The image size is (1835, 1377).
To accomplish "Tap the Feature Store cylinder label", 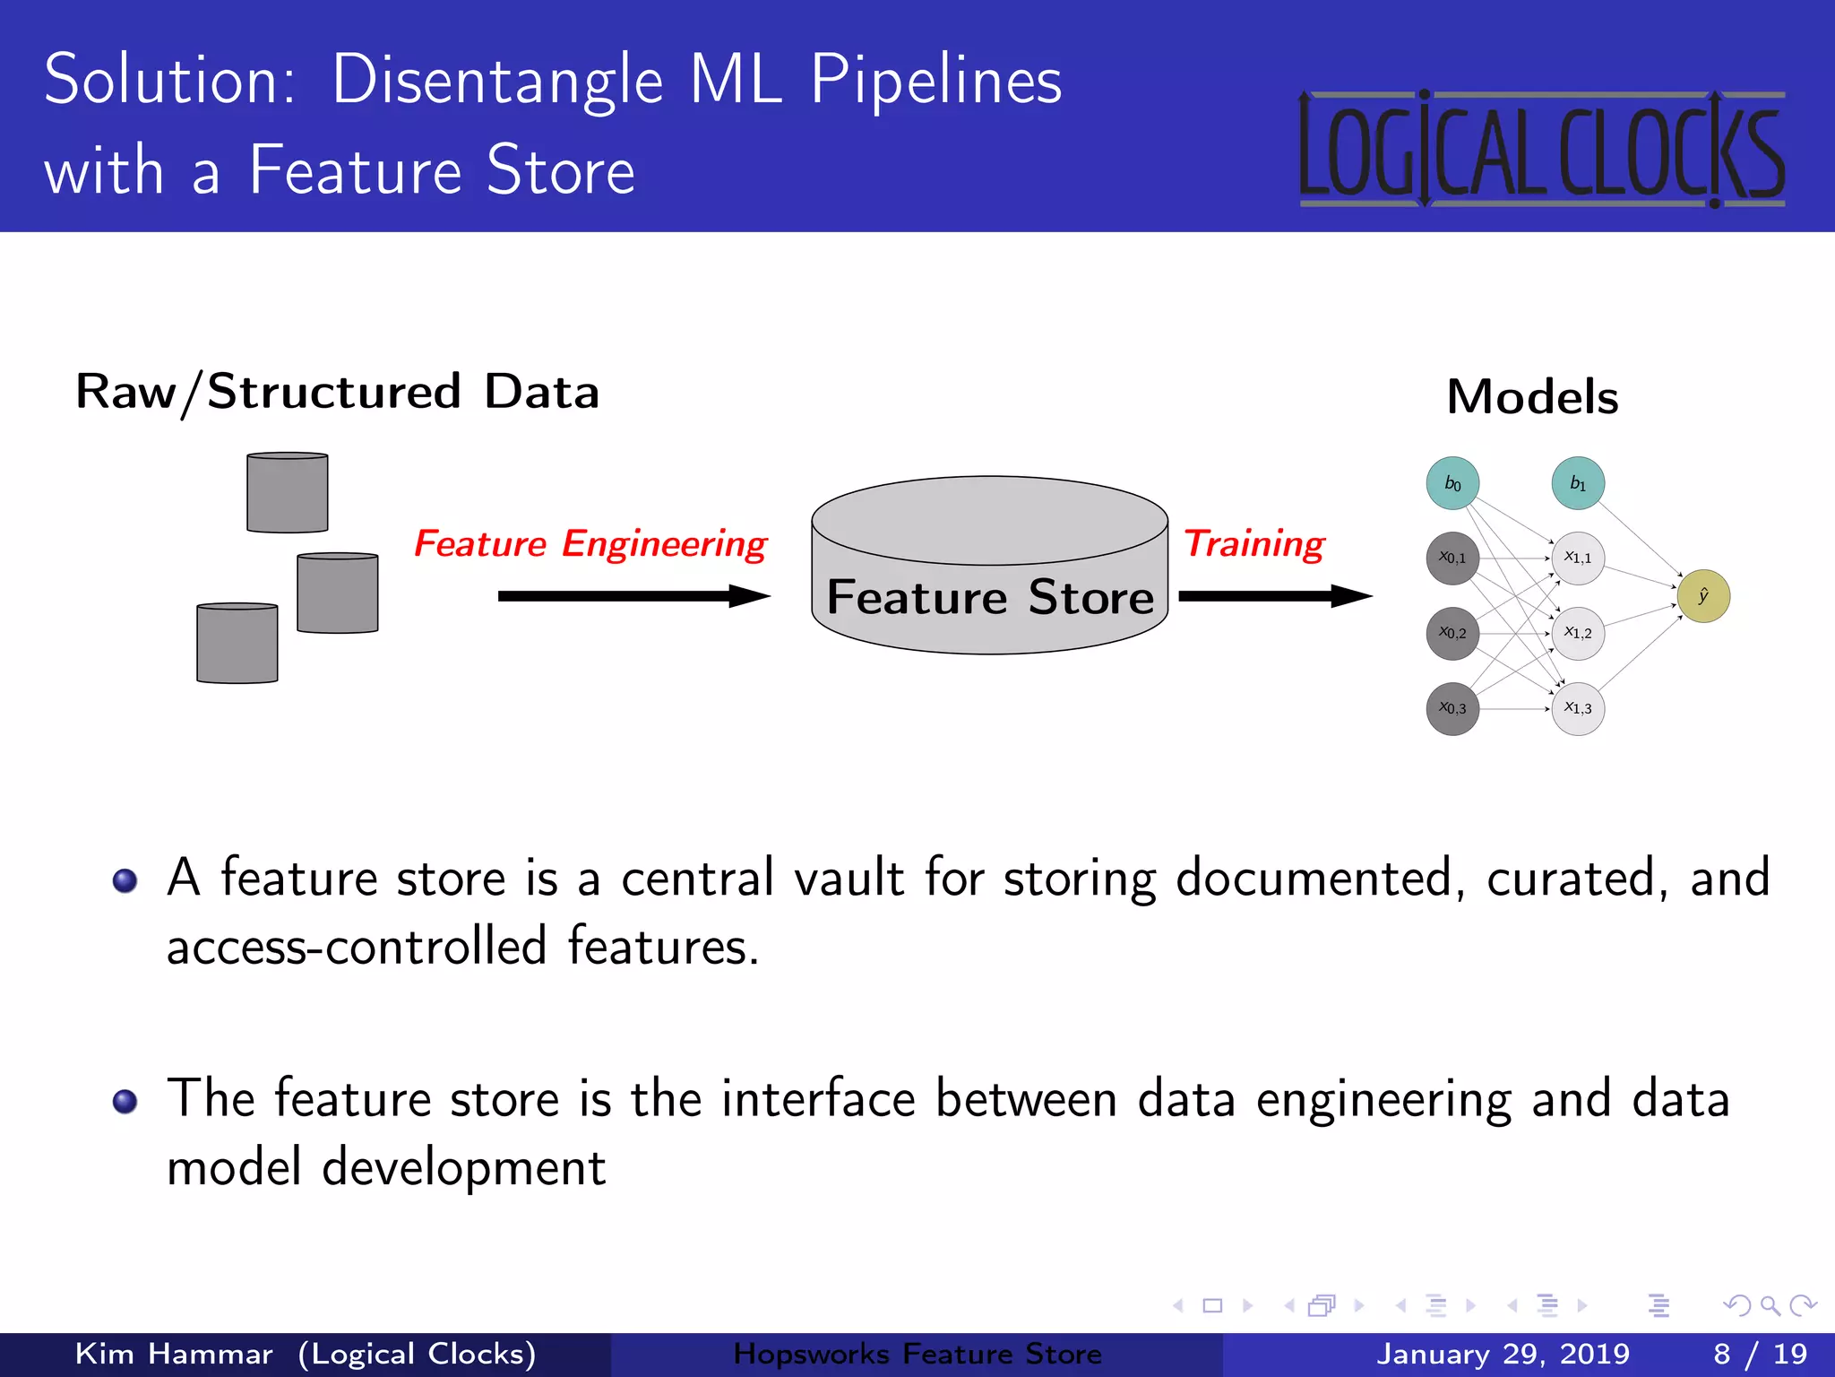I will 989,597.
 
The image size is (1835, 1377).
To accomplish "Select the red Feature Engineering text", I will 590,544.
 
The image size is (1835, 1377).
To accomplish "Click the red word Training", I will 1253,544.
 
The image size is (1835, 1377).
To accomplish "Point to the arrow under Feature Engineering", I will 633,596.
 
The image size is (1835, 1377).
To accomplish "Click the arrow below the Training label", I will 1274,596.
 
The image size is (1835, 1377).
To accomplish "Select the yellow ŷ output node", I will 1702,596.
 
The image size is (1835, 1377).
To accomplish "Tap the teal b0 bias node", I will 1452,483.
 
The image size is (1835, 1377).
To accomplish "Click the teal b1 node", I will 1578,483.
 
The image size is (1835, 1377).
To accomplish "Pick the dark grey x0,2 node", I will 1452,633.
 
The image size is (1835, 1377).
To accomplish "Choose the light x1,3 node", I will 1578,708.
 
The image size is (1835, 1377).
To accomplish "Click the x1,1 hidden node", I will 1578,558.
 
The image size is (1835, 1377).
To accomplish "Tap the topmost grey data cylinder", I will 288,493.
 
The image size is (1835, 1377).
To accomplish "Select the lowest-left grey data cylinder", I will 237,644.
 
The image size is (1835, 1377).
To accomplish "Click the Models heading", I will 1532,397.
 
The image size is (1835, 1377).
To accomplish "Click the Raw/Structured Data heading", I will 337,392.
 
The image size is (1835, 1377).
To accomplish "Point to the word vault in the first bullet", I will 849,878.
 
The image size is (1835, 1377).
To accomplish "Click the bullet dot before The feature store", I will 125,1100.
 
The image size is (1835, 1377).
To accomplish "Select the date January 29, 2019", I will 1503,1354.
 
